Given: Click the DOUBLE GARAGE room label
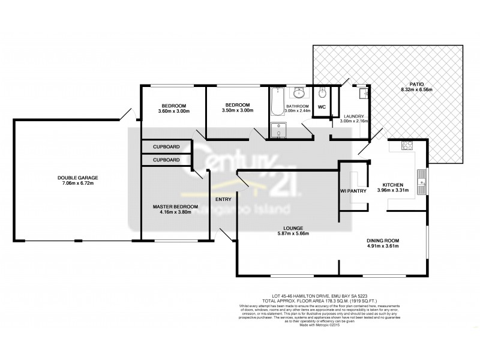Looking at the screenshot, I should tap(77, 178).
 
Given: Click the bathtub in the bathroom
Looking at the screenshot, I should tap(277, 102).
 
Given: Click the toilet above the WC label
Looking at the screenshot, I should tap(322, 94).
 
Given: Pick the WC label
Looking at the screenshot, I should tap(321, 107).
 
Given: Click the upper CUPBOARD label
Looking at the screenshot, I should tap(166, 146).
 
